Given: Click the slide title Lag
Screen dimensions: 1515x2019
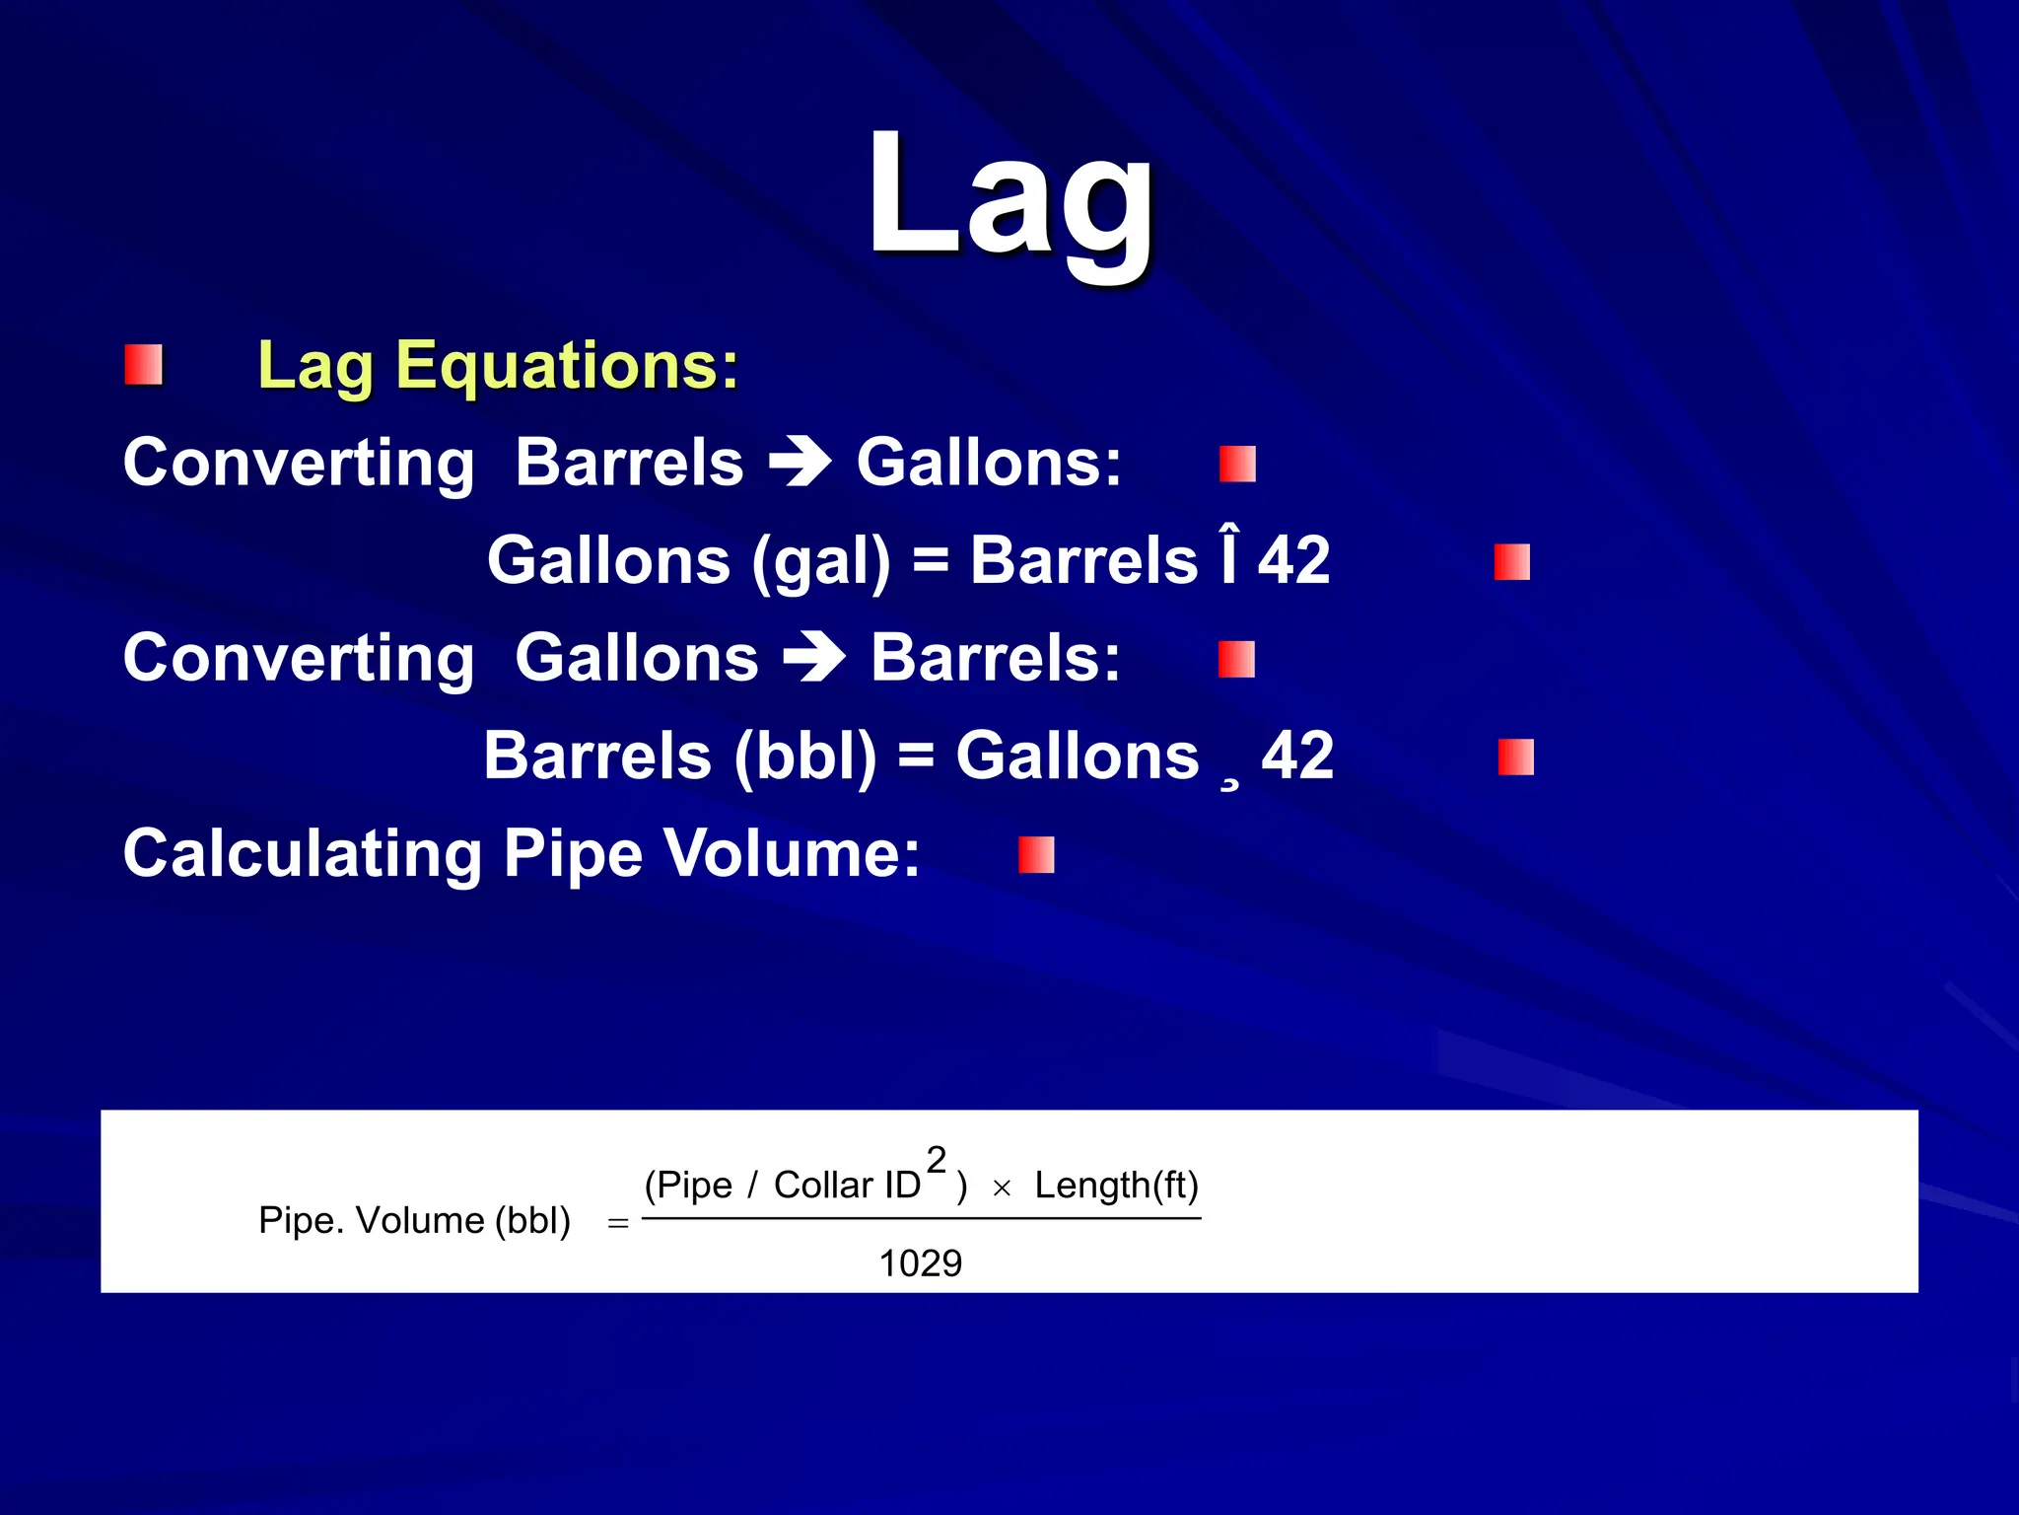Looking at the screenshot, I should [1009, 197].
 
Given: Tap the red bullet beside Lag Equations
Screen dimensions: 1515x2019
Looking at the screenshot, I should [144, 365].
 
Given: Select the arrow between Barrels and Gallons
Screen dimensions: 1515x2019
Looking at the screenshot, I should [801, 462].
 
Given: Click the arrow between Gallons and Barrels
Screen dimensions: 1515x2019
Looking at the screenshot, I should [814, 658].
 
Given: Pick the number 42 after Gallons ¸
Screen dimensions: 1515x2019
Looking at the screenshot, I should [1297, 756].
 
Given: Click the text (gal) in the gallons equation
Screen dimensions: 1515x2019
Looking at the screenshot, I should [821, 560].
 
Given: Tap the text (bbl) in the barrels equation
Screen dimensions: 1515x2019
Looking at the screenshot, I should [805, 756].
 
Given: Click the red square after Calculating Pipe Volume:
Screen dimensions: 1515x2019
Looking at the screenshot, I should [1036, 855].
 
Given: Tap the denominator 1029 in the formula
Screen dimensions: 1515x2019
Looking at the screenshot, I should [920, 1262].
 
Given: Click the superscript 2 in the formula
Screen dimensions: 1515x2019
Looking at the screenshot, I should [937, 1160].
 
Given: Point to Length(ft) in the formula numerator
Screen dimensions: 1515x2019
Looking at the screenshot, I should [1116, 1185].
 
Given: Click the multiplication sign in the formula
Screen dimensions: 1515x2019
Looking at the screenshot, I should [1002, 1189].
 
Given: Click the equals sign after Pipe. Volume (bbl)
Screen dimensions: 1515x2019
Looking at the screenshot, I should [618, 1223].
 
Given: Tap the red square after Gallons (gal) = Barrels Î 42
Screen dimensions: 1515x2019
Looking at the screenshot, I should [1511, 562].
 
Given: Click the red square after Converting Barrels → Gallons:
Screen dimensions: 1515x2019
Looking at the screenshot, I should [1237, 464].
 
